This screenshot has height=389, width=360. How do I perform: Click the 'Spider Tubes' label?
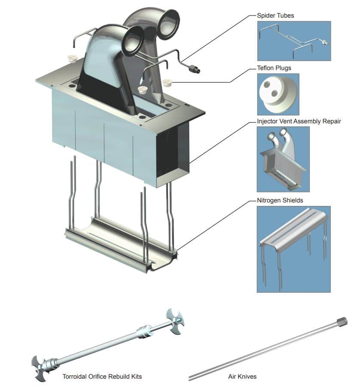[275, 16]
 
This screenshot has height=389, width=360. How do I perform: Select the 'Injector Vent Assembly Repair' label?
[299, 121]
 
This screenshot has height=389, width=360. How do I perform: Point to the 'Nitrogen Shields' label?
[280, 200]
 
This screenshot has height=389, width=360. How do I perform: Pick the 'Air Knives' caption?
[242, 377]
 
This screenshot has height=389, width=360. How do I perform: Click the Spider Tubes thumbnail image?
[294, 41]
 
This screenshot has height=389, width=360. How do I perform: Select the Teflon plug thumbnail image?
[278, 94]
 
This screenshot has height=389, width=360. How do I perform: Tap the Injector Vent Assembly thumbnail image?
[283, 159]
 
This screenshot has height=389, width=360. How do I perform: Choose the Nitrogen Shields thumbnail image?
[293, 249]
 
